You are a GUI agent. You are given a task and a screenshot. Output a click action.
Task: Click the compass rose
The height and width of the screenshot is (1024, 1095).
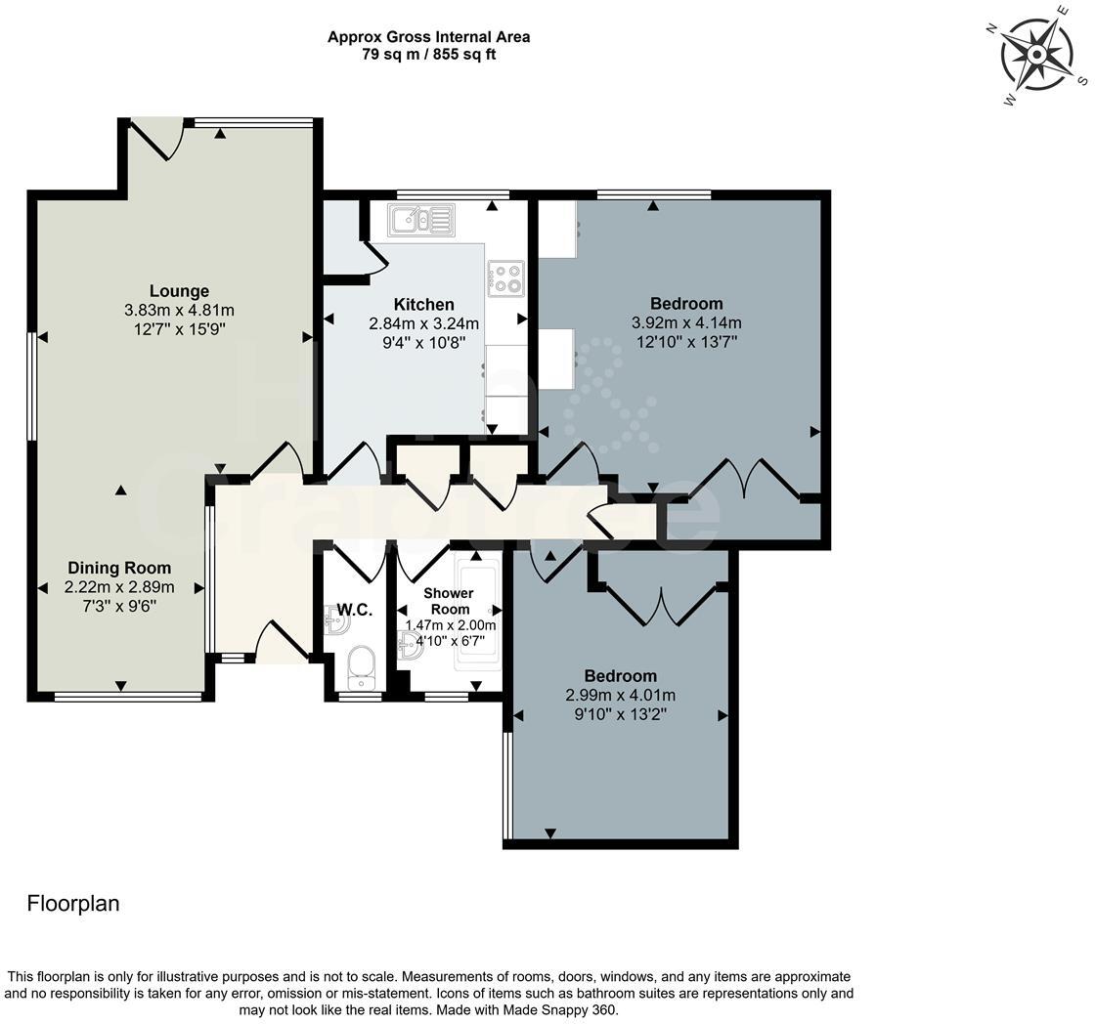coord(1037,55)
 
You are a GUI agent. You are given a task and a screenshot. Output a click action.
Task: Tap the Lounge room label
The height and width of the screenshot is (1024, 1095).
coord(180,291)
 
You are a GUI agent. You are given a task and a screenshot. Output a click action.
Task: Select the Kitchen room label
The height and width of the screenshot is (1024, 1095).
coord(424,304)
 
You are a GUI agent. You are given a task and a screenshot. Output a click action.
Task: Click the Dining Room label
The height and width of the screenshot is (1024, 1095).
coord(119,569)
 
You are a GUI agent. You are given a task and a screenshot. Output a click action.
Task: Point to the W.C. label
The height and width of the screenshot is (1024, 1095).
coord(355,610)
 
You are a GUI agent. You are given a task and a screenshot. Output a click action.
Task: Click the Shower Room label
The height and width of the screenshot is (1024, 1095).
coord(449,601)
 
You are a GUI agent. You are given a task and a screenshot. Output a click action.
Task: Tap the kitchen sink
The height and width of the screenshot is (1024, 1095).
coord(421,219)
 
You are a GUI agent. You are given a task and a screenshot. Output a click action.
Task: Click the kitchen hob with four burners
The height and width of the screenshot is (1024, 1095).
coord(506,278)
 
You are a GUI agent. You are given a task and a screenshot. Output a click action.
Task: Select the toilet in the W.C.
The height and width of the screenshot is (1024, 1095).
coord(361,668)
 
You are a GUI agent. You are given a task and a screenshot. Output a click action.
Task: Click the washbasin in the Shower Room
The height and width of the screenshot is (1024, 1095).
coord(410,646)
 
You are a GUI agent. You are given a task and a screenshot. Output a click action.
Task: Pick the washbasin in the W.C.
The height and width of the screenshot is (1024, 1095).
coord(337,619)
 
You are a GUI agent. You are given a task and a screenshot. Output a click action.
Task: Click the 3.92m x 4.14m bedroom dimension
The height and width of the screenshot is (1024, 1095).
coord(686,322)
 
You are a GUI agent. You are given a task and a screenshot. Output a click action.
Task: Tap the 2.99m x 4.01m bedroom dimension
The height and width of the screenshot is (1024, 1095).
coord(620,696)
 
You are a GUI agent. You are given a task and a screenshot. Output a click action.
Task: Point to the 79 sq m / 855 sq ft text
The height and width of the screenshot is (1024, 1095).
coord(429,55)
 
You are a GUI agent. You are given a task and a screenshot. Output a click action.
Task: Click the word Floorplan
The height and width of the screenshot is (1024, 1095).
coord(73,903)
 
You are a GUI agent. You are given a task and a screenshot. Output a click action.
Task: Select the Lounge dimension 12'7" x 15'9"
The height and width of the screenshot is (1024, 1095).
coord(180,328)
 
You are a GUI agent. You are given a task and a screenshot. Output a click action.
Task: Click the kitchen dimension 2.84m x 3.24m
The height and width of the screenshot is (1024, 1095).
coord(424,323)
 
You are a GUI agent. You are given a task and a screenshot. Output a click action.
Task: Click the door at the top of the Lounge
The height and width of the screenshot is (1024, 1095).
coord(157,140)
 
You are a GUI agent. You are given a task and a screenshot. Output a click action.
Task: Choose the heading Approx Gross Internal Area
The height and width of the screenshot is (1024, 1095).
coord(429,37)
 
